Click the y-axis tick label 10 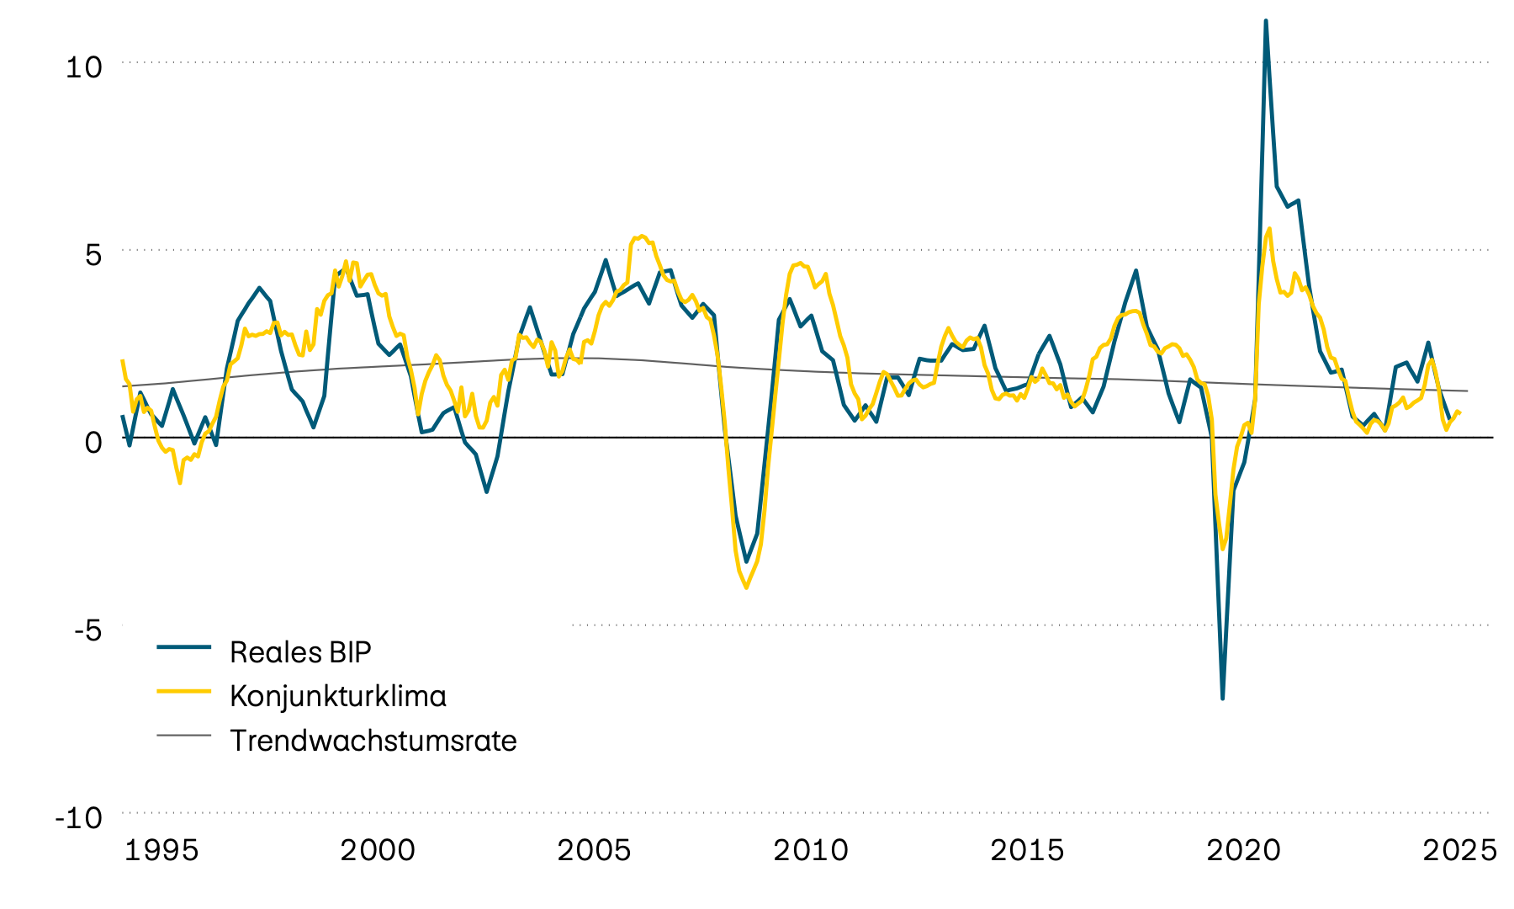tap(83, 67)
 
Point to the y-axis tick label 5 tap(93, 255)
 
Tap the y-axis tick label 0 tap(93, 442)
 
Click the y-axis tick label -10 tap(78, 817)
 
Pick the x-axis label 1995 tap(161, 850)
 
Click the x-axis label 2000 tap(378, 850)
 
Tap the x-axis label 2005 tap(594, 850)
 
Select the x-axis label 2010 tap(811, 850)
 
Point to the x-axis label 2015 tap(1027, 850)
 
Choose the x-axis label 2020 tap(1243, 850)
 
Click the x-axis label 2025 tap(1459, 850)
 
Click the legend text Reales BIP tap(300, 652)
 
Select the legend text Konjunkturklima tap(337, 696)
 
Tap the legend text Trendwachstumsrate tap(373, 741)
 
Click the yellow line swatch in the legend tap(183, 691)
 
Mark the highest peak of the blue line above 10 tap(1266, 21)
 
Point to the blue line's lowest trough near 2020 tap(1222, 698)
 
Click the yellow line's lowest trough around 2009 tap(746, 587)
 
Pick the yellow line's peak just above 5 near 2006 tap(641, 237)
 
